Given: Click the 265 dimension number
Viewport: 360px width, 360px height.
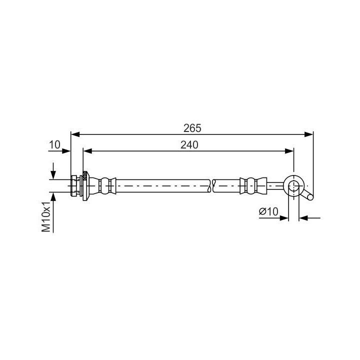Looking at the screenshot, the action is (x=192, y=128).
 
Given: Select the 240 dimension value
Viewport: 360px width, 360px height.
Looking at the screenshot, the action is (x=189, y=145).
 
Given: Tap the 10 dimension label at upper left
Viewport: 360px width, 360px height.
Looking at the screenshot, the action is (x=54, y=144).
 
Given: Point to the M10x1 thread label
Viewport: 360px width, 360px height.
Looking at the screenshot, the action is (x=46, y=217).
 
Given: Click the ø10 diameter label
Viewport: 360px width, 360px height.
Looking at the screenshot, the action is (x=268, y=211).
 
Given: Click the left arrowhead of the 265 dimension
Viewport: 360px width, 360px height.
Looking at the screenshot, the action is (x=75, y=134).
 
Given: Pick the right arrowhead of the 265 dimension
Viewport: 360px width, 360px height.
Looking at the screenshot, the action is (x=308, y=134).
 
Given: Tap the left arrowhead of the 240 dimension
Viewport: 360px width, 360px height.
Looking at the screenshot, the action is (x=87, y=151).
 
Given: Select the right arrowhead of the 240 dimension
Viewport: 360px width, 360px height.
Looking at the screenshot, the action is (x=289, y=151).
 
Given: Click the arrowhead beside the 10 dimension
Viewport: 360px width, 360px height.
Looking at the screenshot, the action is (x=66, y=151).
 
